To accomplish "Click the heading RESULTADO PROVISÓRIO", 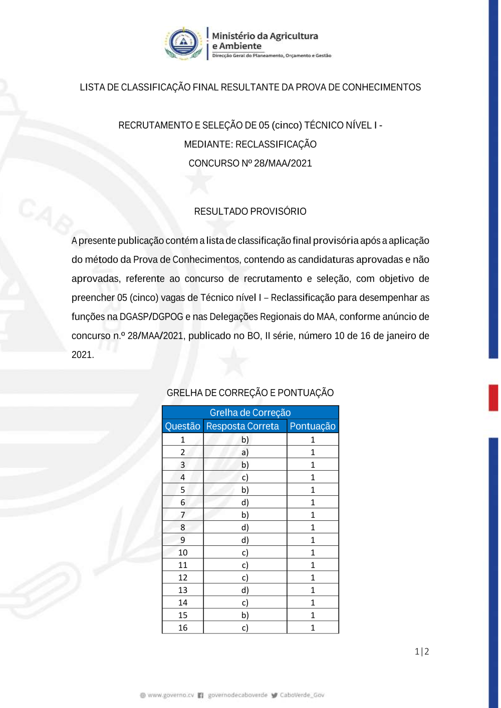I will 250,211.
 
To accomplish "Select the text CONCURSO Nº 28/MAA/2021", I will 250,163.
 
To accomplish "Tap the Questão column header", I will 182,426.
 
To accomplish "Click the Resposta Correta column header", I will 242,426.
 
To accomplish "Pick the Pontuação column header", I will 313,426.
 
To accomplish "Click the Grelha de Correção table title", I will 250,413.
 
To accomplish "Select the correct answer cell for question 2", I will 245,452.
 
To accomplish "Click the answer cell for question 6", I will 245,502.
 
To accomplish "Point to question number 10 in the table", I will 183,553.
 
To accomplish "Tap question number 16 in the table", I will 183,628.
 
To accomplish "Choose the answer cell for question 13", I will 245,590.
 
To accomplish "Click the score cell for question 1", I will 313,440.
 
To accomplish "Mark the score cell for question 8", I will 313,527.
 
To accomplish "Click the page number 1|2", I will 422,651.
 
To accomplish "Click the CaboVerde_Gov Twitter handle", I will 302,695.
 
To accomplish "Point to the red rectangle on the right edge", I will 493,398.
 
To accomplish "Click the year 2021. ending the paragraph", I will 83,355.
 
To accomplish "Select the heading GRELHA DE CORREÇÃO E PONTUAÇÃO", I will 250,393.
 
